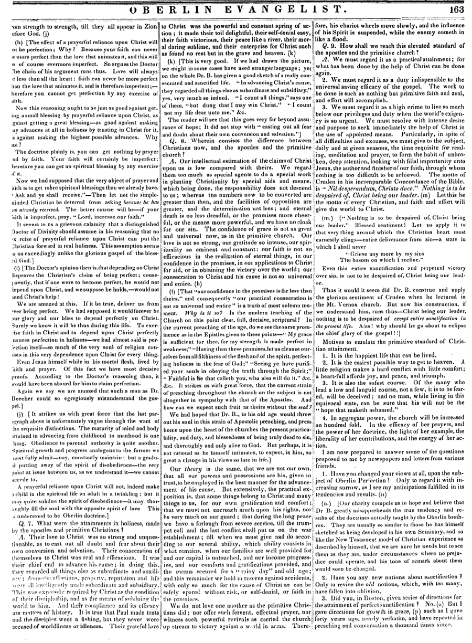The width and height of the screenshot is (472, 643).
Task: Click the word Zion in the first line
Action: click(148, 25)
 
